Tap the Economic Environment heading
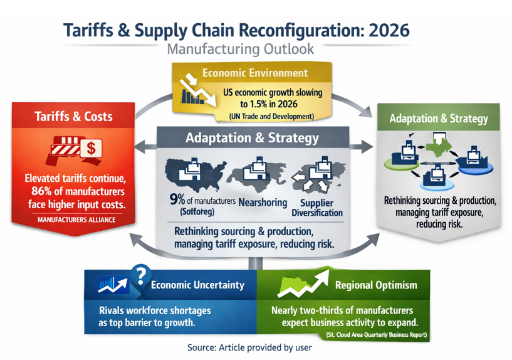point(254,73)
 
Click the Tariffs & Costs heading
point(73,117)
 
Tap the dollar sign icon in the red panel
point(91,148)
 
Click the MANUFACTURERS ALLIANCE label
point(76,220)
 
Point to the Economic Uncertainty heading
point(197,285)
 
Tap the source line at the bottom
point(249,347)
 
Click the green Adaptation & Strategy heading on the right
point(438,119)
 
